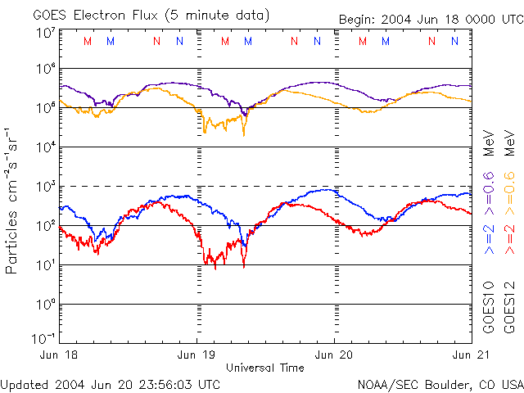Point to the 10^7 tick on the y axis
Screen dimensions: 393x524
click(45, 33)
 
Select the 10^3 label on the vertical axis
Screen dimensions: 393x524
click(45, 187)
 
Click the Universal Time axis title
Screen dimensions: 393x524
click(265, 368)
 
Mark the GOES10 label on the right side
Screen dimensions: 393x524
click(489, 306)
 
